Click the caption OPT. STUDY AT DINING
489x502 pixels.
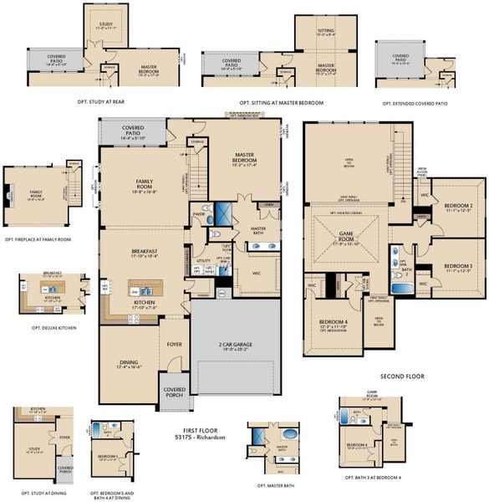[x=36, y=492]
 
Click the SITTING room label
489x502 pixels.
[x=325, y=30]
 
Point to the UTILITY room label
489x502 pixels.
[x=203, y=260]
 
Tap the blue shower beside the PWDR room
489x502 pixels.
[x=225, y=212]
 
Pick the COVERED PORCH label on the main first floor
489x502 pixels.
[x=175, y=392]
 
